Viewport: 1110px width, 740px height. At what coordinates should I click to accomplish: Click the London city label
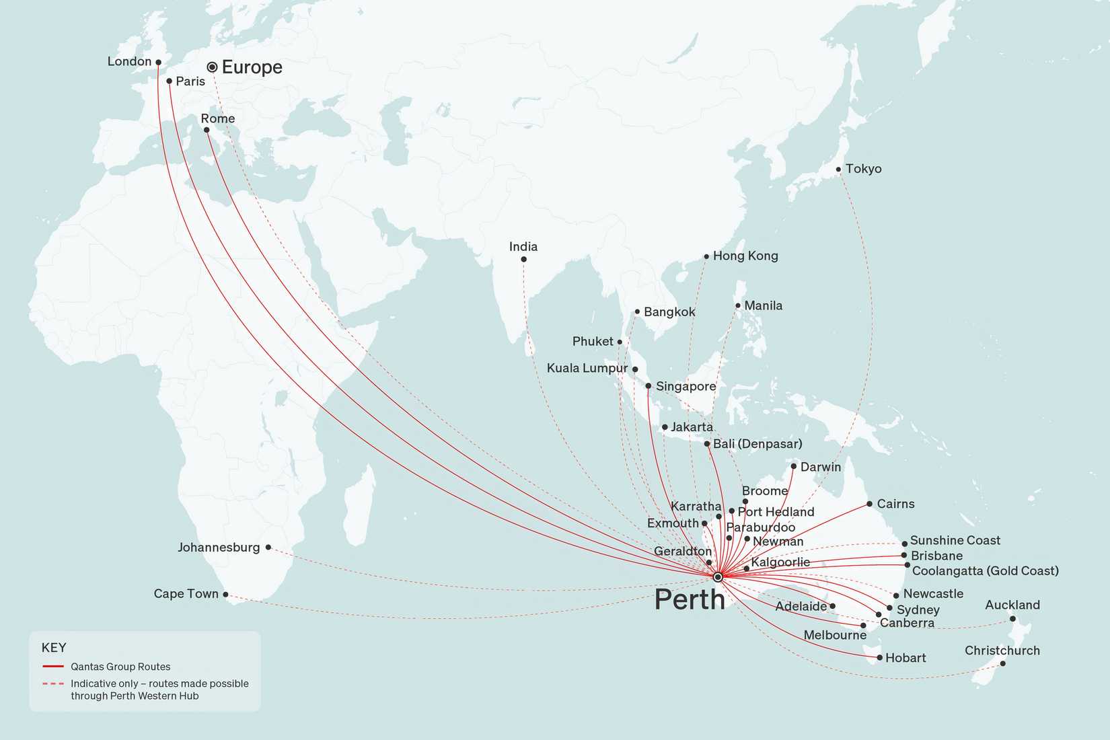[129, 61]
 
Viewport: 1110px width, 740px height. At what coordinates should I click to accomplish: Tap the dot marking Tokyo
[838, 170]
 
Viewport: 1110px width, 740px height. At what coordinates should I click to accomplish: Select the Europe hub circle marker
[212, 67]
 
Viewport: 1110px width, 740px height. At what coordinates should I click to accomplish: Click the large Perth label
[690, 599]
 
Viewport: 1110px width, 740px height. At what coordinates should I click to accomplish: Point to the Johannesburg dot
[268, 548]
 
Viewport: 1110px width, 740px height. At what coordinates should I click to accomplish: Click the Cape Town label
[186, 593]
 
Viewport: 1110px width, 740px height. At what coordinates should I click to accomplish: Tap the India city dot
[523, 259]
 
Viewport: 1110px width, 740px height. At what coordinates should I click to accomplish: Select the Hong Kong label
[745, 256]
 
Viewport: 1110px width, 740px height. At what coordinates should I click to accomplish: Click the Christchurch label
[1002, 651]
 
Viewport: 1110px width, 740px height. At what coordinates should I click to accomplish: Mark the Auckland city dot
[1012, 619]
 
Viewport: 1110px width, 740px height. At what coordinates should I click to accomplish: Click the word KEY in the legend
[54, 648]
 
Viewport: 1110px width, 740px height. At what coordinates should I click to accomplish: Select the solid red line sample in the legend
[53, 667]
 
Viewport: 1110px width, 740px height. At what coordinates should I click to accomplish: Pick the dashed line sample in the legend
[53, 683]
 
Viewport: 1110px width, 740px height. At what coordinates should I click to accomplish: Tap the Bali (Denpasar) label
[757, 444]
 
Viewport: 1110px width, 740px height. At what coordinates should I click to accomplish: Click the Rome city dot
[207, 130]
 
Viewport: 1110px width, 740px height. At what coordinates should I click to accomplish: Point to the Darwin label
[821, 467]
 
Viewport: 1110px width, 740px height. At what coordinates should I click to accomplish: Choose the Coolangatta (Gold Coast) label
[985, 571]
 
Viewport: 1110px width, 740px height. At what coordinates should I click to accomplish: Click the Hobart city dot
[880, 657]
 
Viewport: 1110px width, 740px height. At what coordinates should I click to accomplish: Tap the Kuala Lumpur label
[587, 368]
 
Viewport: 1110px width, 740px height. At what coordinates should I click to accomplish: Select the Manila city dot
[738, 305]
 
